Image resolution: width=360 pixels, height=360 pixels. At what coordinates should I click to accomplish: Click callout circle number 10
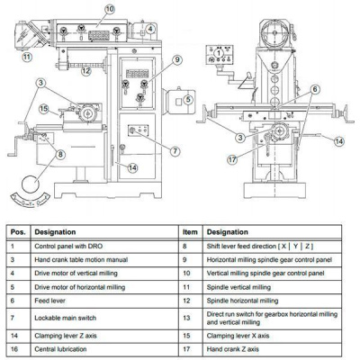click(110, 9)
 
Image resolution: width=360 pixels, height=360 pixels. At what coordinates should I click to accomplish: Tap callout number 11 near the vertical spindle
click(27, 56)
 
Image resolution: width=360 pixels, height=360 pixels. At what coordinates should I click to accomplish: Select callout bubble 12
click(86, 71)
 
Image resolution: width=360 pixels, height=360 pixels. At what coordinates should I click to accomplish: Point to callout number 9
click(177, 60)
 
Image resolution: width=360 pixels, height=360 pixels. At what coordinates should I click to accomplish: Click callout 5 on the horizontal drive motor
click(188, 99)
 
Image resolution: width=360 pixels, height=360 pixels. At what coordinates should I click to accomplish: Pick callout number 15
click(44, 109)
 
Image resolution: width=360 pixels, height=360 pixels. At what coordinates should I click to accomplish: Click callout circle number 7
click(175, 151)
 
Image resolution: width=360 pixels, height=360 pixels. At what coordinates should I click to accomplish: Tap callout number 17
click(232, 159)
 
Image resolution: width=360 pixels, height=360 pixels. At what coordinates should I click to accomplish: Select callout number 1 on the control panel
click(219, 53)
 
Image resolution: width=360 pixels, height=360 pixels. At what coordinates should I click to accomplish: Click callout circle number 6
click(315, 89)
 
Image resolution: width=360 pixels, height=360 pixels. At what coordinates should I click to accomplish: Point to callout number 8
click(60, 155)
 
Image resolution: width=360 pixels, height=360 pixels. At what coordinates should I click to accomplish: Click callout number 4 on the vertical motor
click(150, 29)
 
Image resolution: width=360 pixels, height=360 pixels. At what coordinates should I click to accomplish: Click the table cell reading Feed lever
click(49, 301)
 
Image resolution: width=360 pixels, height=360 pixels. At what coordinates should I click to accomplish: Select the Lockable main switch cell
click(66, 318)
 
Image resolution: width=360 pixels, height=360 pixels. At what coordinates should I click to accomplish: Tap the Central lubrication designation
click(60, 349)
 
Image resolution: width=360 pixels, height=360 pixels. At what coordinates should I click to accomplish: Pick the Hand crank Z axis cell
click(233, 349)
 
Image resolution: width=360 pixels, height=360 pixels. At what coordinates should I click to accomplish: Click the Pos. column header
click(18, 232)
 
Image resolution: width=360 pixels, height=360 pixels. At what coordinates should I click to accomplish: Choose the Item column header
click(190, 232)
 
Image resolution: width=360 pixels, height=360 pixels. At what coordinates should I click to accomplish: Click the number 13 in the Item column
click(186, 318)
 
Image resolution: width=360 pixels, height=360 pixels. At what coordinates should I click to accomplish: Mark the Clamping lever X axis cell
click(238, 336)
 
